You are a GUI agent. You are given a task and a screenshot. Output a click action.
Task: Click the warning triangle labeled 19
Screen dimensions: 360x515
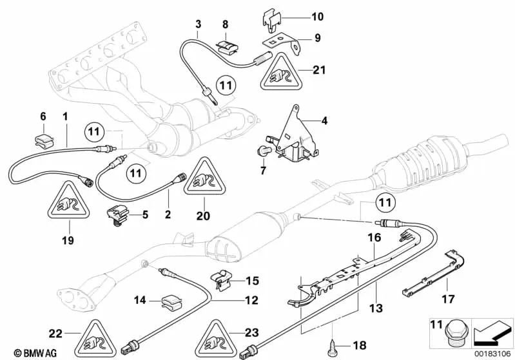tap(67, 205)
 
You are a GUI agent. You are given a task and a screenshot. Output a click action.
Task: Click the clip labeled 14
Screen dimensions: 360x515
tap(171, 300)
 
